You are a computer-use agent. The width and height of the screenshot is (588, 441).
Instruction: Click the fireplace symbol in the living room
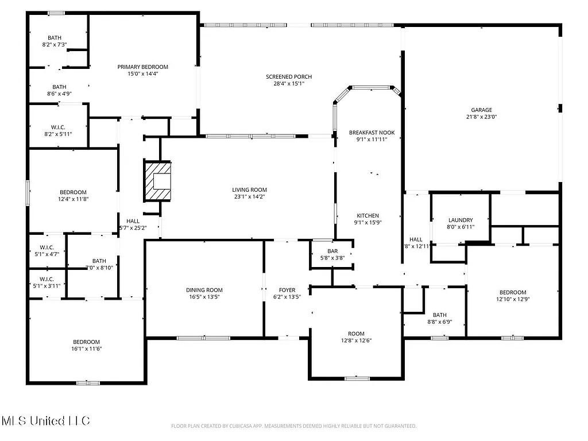(158, 181)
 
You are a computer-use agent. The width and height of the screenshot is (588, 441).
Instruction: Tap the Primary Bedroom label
(142, 67)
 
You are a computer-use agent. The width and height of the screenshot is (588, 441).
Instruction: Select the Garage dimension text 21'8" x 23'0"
(482, 117)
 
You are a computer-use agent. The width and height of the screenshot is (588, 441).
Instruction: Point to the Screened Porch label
(288, 77)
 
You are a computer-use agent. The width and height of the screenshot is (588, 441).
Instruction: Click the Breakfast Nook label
(372, 133)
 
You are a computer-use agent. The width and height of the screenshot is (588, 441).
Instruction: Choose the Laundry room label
(461, 220)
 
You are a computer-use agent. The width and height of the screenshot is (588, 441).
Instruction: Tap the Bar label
(332, 251)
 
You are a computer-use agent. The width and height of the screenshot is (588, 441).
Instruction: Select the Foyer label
(287, 290)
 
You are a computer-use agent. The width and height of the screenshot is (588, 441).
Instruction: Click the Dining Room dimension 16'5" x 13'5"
(204, 297)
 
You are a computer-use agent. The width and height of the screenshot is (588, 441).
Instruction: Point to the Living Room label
(249, 189)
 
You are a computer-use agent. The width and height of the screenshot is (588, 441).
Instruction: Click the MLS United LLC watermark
(45, 421)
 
